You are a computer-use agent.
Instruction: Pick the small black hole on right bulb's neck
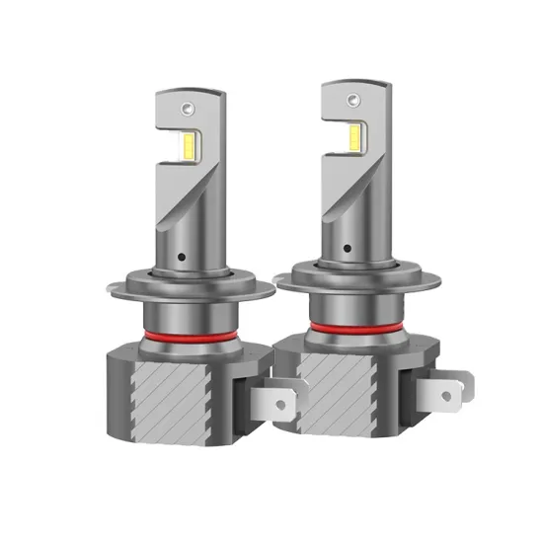[x=349, y=249]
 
